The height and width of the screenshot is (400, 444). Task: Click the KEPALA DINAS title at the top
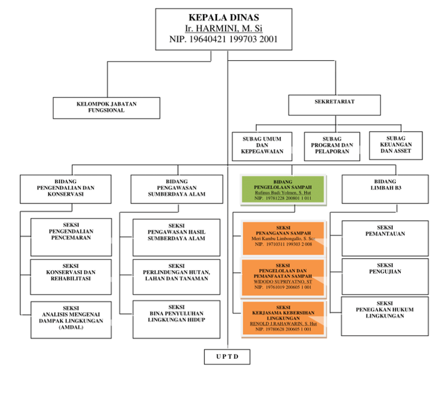[223, 17]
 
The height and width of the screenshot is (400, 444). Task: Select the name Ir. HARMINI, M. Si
[223, 28]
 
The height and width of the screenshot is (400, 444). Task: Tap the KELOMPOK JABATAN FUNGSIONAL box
[107, 107]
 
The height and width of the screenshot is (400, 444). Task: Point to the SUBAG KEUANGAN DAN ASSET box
[396, 145]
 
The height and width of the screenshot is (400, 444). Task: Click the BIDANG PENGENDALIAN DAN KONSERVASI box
[66, 188]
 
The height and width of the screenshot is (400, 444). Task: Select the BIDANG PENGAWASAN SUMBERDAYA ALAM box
[176, 188]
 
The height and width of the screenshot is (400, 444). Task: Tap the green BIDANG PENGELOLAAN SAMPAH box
[283, 189]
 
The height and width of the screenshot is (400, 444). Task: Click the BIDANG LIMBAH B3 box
[385, 188]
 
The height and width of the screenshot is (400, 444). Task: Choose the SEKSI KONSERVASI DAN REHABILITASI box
[70, 276]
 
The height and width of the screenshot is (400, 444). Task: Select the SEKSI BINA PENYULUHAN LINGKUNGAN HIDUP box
[176, 316]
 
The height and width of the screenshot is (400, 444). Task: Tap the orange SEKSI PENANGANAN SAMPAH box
[283, 237]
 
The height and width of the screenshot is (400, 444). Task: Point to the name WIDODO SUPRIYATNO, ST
[282, 281]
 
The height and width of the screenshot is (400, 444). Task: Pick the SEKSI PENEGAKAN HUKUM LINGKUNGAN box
[384, 315]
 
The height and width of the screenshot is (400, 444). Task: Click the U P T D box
[227, 356]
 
